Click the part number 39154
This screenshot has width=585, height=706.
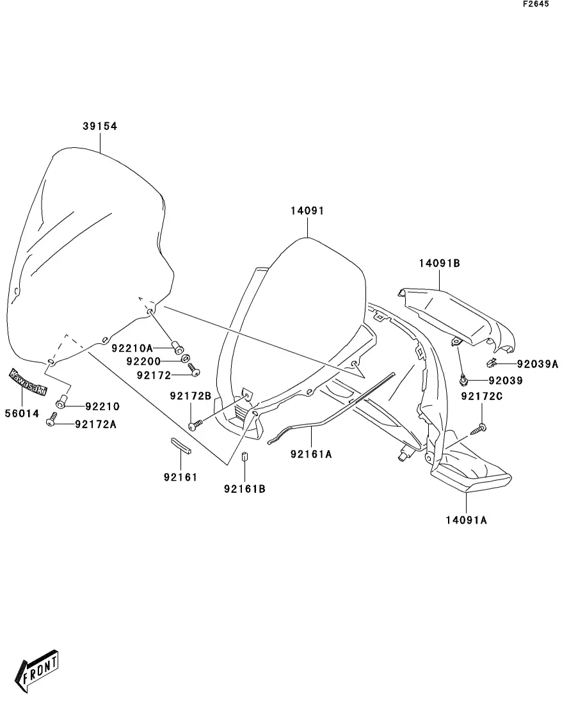pyautogui.click(x=99, y=127)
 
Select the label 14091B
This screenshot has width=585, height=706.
pyautogui.click(x=440, y=263)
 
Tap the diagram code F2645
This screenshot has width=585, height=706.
pyautogui.click(x=536, y=4)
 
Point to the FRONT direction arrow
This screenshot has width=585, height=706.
pyautogui.click(x=39, y=671)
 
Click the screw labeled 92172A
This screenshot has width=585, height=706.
pyautogui.click(x=52, y=424)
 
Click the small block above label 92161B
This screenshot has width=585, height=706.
pyautogui.click(x=244, y=456)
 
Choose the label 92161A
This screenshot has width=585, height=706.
pyautogui.click(x=311, y=454)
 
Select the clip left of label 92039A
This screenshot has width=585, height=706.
pyautogui.click(x=492, y=364)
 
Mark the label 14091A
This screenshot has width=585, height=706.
pyautogui.click(x=466, y=520)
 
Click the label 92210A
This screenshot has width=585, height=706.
pyautogui.click(x=132, y=348)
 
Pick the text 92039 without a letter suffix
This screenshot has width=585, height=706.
pyautogui.click(x=506, y=380)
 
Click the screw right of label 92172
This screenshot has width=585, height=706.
pyautogui.click(x=194, y=372)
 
